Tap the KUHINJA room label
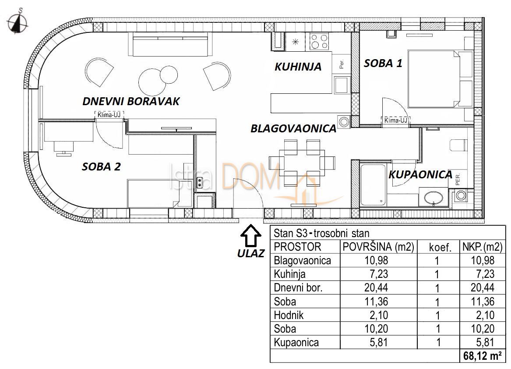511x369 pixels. (x=298, y=67)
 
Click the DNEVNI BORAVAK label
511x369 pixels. (x=131, y=101)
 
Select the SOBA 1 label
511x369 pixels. (x=383, y=63)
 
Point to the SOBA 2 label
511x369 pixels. (x=101, y=167)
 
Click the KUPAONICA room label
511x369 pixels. (x=420, y=175)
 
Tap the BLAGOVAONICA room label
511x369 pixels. (x=293, y=129)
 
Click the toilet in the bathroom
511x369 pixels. (x=458, y=144)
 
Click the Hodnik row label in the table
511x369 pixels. (x=288, y=315)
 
